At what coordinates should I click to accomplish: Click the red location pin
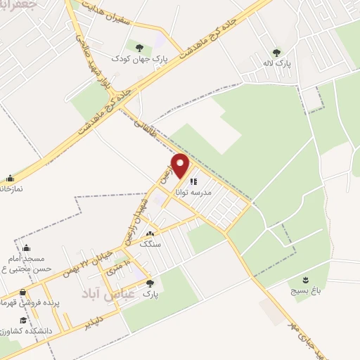[x=181, y=166]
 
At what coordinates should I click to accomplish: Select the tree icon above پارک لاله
[x=276, y=52]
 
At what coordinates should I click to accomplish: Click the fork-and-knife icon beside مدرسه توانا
[x=193, y=181]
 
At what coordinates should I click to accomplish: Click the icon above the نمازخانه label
[x=10, y=179]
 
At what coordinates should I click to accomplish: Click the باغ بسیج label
[x=304, y=288]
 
